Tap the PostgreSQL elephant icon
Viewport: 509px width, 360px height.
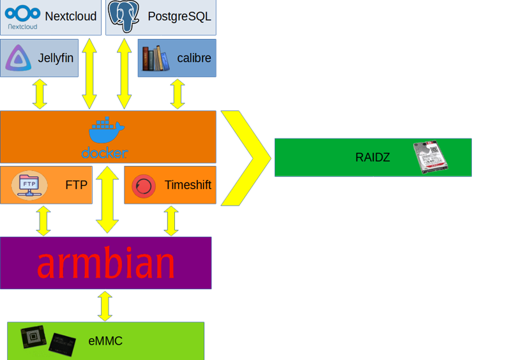pos(125,16)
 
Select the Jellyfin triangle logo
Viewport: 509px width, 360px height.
pos(18,58)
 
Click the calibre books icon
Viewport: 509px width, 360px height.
pos(155,58)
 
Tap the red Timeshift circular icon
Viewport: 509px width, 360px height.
pos(143,186)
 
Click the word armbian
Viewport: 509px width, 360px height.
pos(105,262)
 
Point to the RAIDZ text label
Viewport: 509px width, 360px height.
pos(372,157)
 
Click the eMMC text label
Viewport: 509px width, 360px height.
pos(105,341)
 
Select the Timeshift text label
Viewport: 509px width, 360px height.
pos(188,186)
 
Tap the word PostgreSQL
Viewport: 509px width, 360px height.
pos(179,17)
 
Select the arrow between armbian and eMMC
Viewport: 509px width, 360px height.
pos(105,306)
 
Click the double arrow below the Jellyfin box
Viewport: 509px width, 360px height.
pos(40,93)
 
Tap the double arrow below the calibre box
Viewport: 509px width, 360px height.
pos(178,93)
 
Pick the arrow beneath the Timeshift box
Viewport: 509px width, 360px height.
pos(171,221)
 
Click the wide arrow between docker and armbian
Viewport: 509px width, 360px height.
pos(107,200)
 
